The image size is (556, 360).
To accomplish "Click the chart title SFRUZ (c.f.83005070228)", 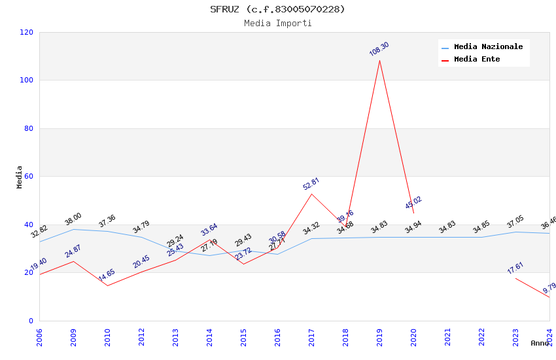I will click(x=277, y=9).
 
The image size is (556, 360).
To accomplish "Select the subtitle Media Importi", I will click(x=277, y=24).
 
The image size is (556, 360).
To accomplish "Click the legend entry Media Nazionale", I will click(x=488, y=47).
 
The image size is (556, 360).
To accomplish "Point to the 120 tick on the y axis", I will click(x=27, y=32).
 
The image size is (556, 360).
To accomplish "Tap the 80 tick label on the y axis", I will click(x=29, y=128).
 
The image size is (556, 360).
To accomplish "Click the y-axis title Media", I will click(x=20, y=177).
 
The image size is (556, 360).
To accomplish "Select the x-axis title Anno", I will click(x=540, y=343).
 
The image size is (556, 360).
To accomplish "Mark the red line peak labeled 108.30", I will click(x=379, y=61).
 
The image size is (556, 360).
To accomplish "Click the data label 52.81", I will click(x=311, y=184).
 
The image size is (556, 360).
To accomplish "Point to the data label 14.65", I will click(x=107, y=275).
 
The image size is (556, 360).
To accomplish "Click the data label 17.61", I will click(x=515, y=268).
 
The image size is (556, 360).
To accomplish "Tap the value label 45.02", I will click(x=413, y=202).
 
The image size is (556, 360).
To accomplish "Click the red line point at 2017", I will click(x=312, y=194).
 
